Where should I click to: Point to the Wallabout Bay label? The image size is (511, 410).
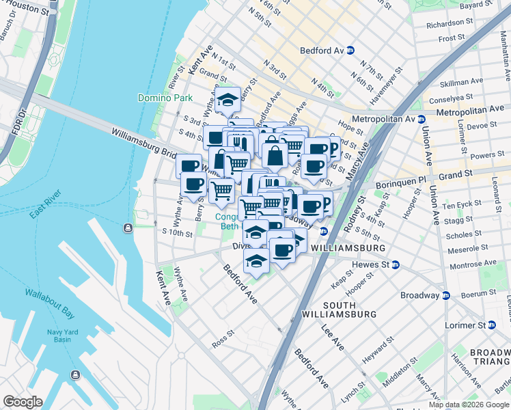(x=50, y=295)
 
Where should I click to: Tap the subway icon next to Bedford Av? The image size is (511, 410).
(x=350, y=51)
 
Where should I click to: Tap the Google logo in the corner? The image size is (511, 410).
(x=23, y=402)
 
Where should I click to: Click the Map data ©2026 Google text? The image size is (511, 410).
(x=469, y=405)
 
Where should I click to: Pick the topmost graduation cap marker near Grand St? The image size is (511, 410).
(x=227, y=100)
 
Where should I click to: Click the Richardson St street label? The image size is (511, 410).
(x=444, y=23)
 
